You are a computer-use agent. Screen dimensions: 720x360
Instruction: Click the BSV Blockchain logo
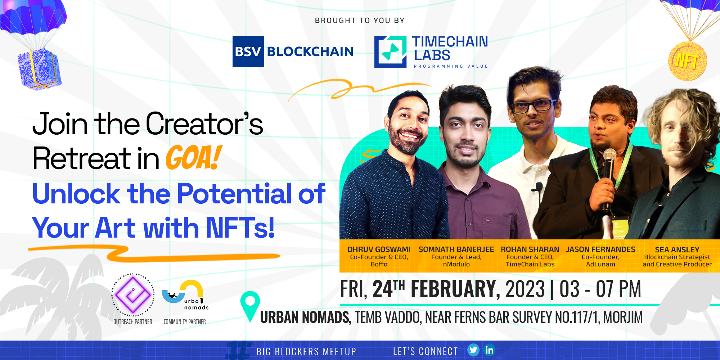click(x=293, y=51)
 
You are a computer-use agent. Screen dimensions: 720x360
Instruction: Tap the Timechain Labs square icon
click(x=390, y=52)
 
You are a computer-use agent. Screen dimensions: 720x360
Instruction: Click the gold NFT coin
click(x=687, y=61)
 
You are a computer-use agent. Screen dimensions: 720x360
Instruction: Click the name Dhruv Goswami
click(x=379, y=249)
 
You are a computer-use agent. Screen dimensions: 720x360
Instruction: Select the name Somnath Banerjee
click(x=456, y=249)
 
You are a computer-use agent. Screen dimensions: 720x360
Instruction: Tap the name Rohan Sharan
click(x=530, y=249)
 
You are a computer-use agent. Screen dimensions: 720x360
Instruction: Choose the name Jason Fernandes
click(x=600, y=249)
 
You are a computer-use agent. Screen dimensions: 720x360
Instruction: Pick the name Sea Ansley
click(x=677, y=249)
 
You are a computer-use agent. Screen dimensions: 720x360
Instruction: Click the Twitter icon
click(x=473, y=350)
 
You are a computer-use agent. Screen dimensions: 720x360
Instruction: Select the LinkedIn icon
click(x=489, y=350)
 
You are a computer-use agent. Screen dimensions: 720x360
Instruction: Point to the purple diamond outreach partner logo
click(x=133, y=294)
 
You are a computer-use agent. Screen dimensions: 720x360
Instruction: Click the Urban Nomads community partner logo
click(x=185, y=295)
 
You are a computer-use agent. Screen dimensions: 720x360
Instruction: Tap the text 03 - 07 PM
click(x=600, y=289)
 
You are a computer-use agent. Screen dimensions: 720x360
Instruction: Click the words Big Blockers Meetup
click(x=306, y=351)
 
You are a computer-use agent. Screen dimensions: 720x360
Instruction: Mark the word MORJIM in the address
click(x=623, y=318)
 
